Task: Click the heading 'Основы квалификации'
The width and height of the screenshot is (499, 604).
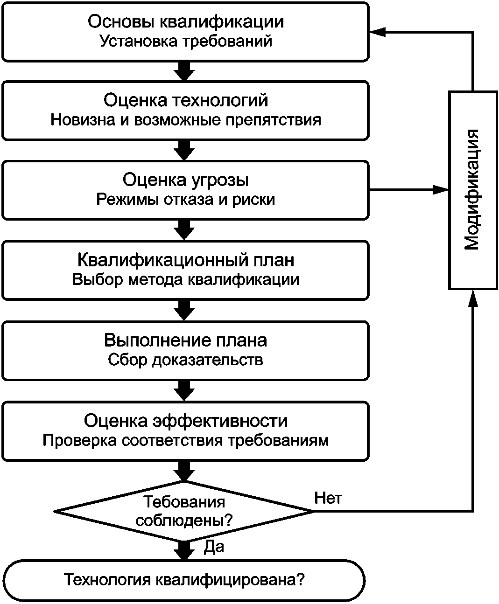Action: click(x=186, y=22)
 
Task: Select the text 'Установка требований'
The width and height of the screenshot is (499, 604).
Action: click(x=186, y=42)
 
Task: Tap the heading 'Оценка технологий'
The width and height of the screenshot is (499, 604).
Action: click(x=186, y=101)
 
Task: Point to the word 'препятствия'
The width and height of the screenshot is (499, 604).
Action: click(x=274, y=120)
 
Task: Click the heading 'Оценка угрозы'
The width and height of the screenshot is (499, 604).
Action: click(x=186, y=181)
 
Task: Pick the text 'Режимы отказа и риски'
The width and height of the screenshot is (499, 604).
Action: click(x=186, y=200)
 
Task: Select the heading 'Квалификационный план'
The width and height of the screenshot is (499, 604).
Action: click(x=186, y=260)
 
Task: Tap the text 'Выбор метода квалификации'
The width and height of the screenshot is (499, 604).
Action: click(x=186, y=280)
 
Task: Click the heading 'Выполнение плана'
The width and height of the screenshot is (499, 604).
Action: click(x=186, y=340)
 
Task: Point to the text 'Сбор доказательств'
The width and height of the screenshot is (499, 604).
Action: click(x=186, y=360)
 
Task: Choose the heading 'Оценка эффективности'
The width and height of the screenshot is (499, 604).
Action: click(x=186, y=421)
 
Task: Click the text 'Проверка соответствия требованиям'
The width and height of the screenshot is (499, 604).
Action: click(x=186, y=441)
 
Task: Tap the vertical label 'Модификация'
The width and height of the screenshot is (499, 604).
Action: click(x=473, y=190)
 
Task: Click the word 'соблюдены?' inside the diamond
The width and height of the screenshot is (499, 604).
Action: click(x=184, y=521)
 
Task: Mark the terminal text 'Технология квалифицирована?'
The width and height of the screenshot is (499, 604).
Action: click(x=184, y=579)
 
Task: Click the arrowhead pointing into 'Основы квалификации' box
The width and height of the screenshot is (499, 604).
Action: click(x=378, y=32)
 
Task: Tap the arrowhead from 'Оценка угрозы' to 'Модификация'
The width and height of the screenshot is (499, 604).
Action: click(x=441, y=190)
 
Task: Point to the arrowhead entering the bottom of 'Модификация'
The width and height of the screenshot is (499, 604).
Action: click(x=473, y=299)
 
